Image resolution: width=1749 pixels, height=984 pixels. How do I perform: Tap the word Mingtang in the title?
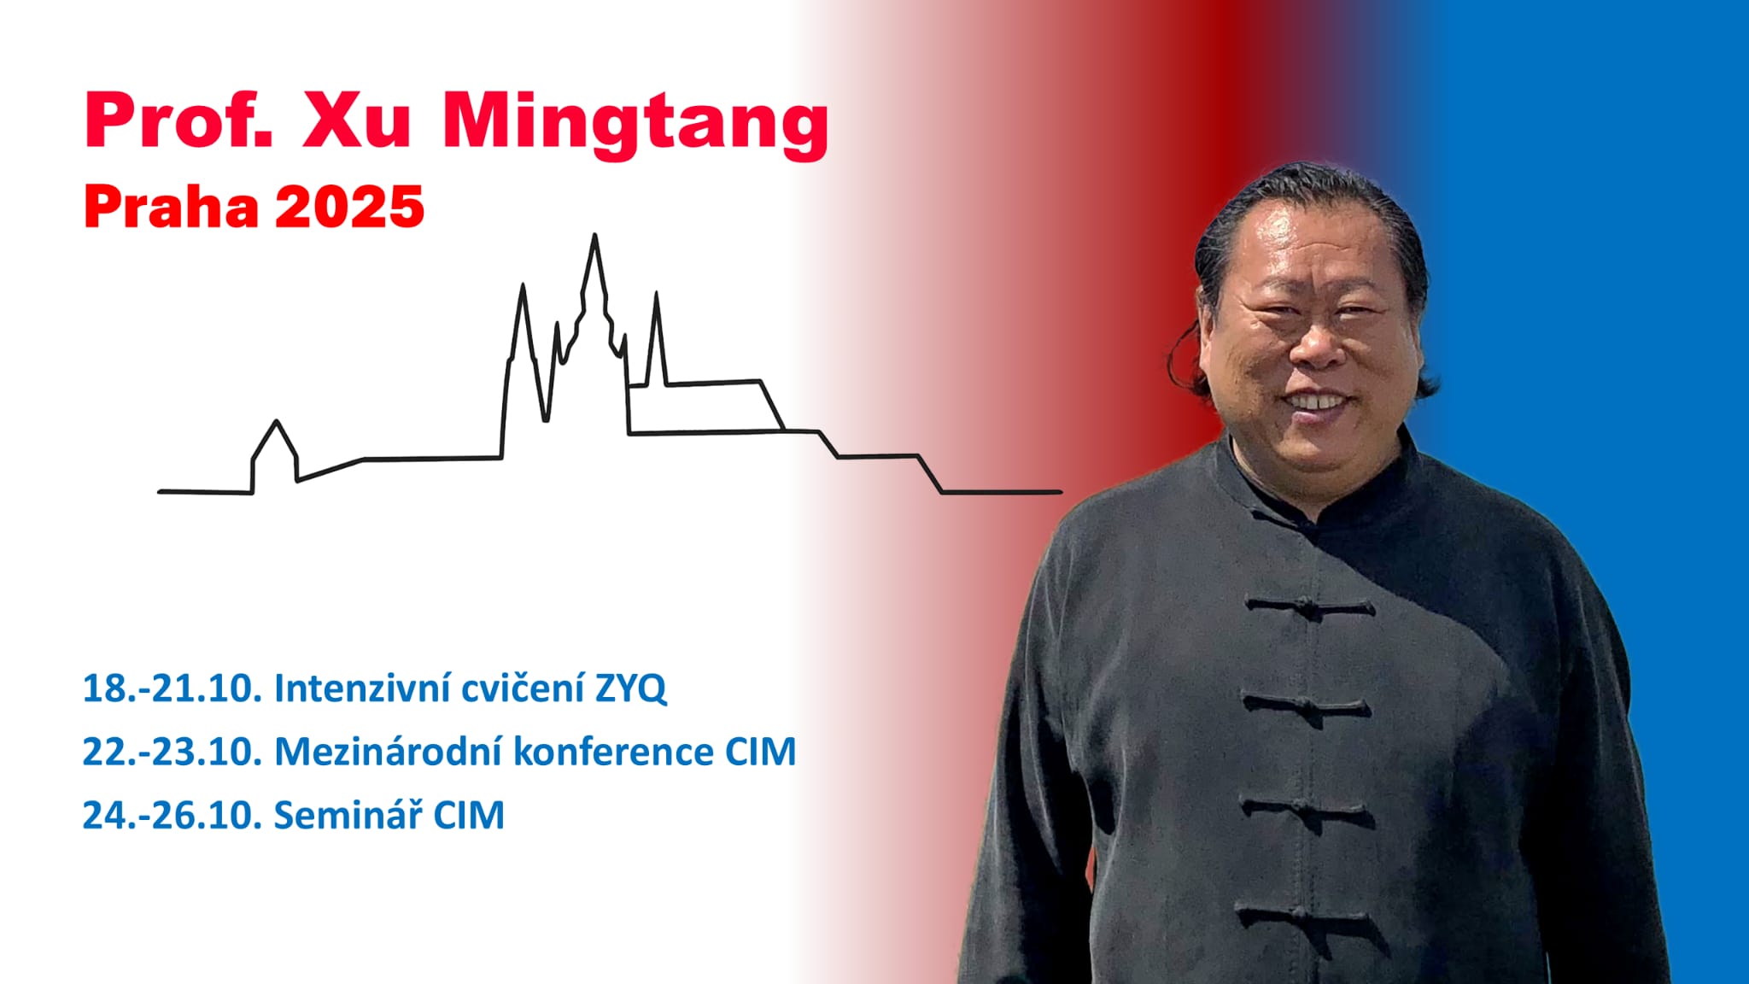[635, 125]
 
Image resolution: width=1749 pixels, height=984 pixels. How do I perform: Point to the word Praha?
[171, 207]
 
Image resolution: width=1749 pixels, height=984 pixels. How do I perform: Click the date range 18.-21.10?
[172, 688]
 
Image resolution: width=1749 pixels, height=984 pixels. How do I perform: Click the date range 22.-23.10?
[172, 752]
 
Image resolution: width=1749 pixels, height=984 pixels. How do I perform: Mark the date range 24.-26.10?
[172, 815]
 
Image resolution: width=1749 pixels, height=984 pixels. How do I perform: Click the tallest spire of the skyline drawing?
[594, 236]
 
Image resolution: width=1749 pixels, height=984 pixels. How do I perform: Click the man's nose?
[1316, 342]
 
